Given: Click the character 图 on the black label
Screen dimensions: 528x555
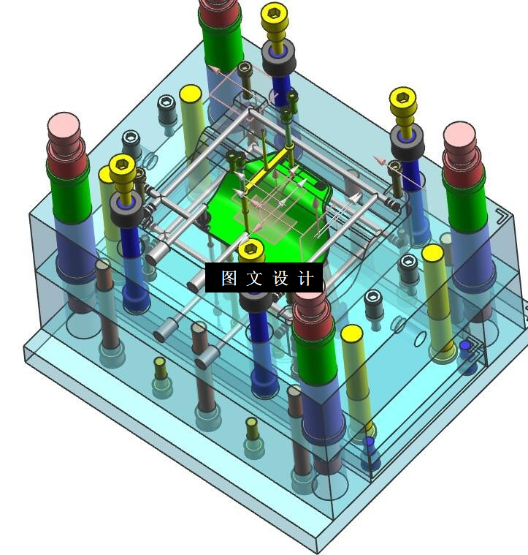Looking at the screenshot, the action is (229, 278).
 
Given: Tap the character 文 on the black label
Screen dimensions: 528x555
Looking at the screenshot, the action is (254, 278).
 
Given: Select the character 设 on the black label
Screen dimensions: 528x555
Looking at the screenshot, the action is (280, 278).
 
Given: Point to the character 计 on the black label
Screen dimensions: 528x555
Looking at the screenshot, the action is (306, 278).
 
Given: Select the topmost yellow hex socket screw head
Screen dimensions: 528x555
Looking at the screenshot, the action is (274, 16).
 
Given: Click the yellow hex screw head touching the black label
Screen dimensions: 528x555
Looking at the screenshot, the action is (251, 251).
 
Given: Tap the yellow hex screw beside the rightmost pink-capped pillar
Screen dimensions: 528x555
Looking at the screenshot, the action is (403, 100).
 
